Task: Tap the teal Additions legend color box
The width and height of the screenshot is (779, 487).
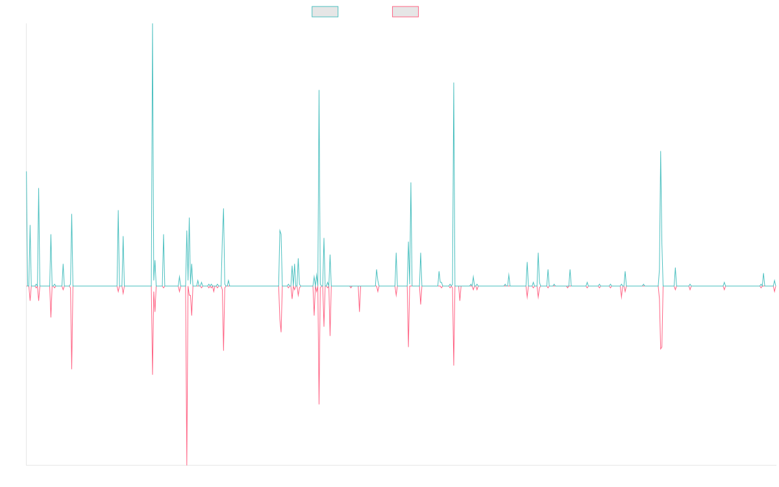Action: (325, 12)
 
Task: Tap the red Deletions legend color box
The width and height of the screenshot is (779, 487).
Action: (406, 12)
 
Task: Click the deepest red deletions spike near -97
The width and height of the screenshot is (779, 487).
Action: (187, 464)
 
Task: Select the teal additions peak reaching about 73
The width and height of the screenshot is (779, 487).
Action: (661, 152)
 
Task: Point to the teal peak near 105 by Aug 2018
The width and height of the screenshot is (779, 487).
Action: (319, 91)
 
